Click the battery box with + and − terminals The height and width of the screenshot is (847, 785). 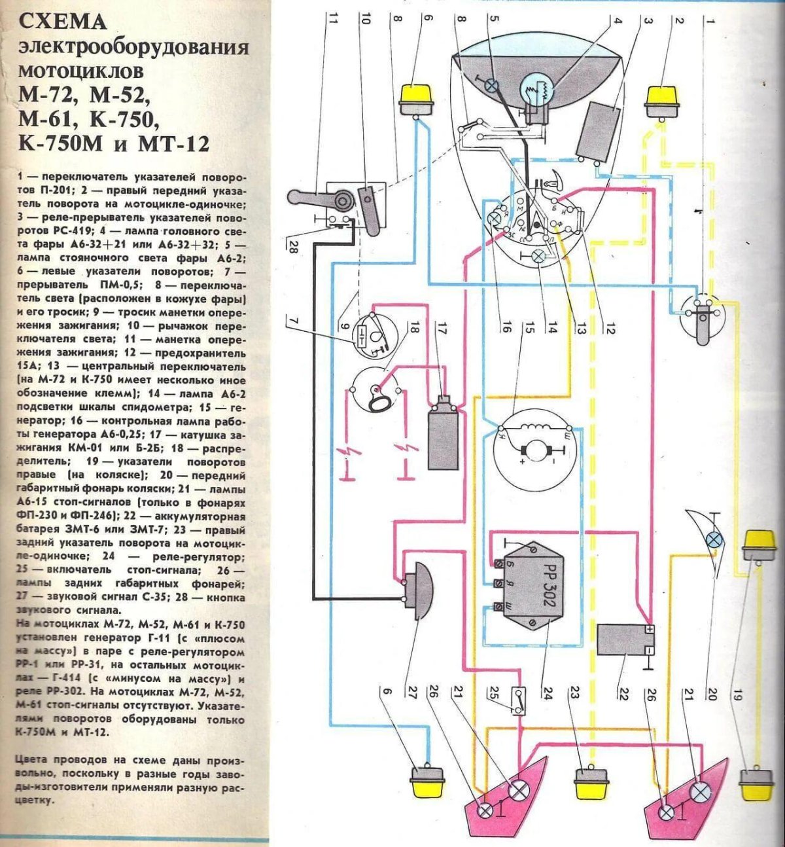click(625, 640)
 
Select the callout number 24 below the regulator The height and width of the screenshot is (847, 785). click(546, 693)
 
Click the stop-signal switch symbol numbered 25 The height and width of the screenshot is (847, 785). click(518, 700)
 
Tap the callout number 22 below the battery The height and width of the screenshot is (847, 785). click(621, 693)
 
